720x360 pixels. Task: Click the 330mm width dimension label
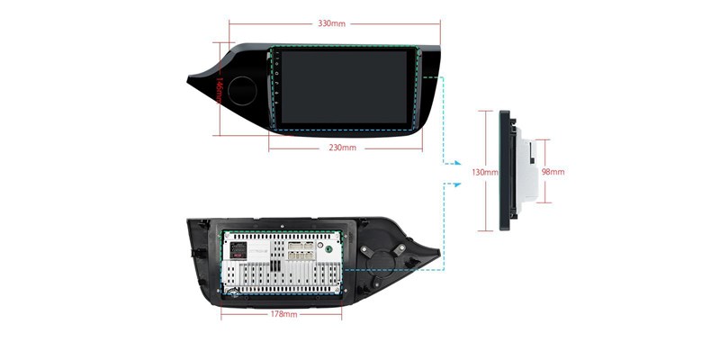(332, 22)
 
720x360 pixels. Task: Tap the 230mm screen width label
(343, 148)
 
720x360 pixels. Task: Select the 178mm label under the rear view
(283, 315)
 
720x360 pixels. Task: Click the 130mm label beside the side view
(484, 171)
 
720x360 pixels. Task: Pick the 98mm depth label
(553, 171)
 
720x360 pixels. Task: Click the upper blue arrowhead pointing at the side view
(456, 163)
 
